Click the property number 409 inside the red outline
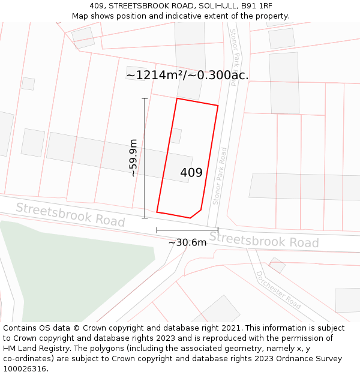pyautogui.click(x=191, y=173)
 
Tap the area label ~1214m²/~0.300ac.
pyautogui.click(x=187, y=75)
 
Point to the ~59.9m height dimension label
pyautogui.click(x=133, y=158)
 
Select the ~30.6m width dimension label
pyautogui.click(x=187, y=242)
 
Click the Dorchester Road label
pyautogui.click(x=278, y=290)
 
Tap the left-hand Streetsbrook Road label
pyautogui.click(x=70, y=215)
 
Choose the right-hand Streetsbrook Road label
pyautogui.click(x=263, y=239)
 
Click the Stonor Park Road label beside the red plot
pyautogui.click(x=223, y=175)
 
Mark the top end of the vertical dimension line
pyautogui.click(x=145, y=98)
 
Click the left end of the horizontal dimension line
pyautogui.click(x=157, y=230)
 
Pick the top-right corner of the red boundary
pyautogui.click(x=218, y=106)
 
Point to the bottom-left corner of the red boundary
pyautogui.click(x=157, y=212)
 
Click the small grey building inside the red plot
pyautogui.click(x=176, y=136)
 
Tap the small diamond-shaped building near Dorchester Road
pyautogui.click(x=277, y=265)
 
